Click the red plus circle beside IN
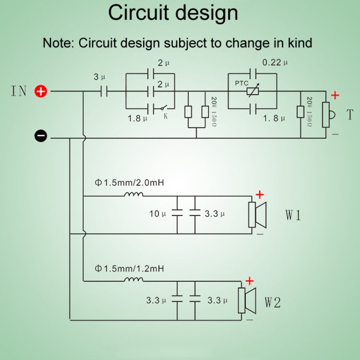[41, 91]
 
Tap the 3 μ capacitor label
[99, 77]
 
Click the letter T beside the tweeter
[349, 115]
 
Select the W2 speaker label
[273, 302]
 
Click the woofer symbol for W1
[256, 215]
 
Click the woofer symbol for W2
[247, 301]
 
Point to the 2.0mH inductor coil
[134, 195]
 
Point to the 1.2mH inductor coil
[134, 279]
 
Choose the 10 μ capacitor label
[157, 214]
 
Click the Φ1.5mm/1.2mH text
[129, 268]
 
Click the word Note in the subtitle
[57, 43]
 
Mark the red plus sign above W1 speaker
[260, 195]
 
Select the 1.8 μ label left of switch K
[137, 118]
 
